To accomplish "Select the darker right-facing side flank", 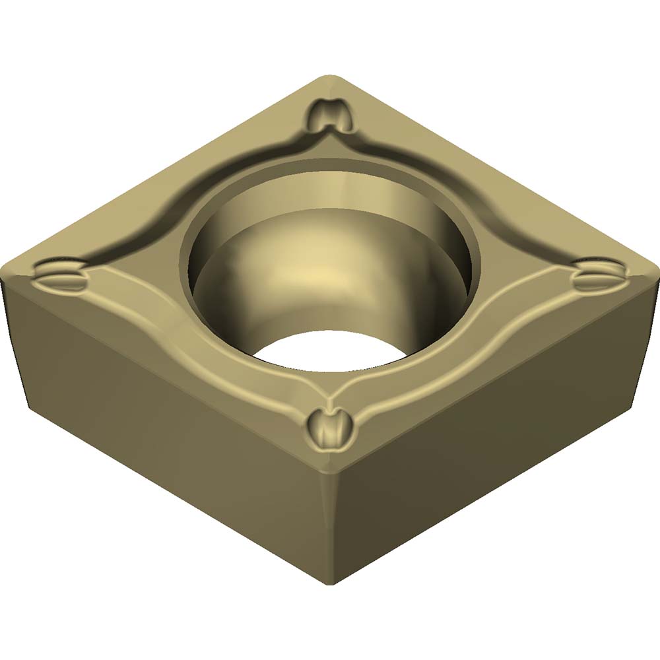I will coord(502,422).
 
